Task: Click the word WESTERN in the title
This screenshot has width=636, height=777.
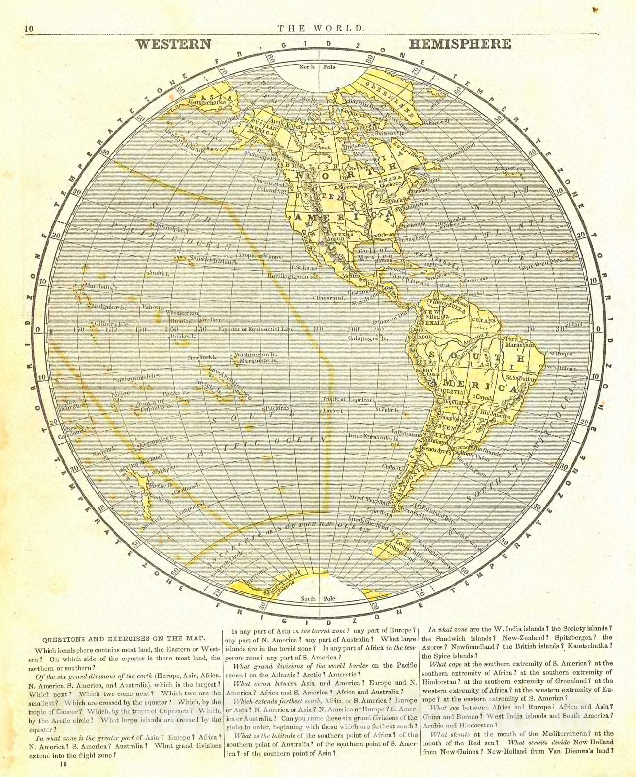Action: [174, 44]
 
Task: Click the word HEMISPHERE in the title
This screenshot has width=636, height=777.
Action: [460, 44]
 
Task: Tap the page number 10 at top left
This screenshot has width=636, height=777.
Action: [29, 29]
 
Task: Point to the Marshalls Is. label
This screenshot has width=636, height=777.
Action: [101, 287]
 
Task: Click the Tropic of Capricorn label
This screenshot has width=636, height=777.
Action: [348, 399]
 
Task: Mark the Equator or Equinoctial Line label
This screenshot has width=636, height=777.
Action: [256, 329]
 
